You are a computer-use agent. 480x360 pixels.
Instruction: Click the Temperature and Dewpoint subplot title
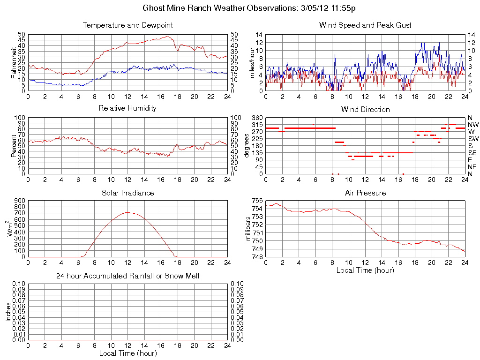coord(127,25)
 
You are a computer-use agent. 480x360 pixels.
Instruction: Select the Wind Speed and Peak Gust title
coord(365,25)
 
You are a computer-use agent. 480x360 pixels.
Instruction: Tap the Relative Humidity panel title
coord(127,108)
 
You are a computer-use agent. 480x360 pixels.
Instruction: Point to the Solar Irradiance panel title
coord(127,193)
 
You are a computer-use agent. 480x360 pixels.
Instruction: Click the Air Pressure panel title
coord(365,193)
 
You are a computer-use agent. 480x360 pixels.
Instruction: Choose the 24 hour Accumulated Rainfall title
coord(127,276)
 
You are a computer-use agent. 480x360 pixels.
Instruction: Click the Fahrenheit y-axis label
coord(14,62)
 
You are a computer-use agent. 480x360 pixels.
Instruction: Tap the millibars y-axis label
coord(249,229)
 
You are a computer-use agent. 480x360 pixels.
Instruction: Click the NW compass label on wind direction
coord(472,125)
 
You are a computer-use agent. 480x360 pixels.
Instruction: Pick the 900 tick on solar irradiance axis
coord(19,201)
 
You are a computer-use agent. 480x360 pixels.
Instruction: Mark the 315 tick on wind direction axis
coord(256,125)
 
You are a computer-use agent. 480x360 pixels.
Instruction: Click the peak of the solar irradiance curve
coord(127,212)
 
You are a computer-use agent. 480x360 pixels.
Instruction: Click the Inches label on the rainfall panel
coord(8,312)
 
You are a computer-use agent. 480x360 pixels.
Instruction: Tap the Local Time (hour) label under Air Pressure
coord(365,270)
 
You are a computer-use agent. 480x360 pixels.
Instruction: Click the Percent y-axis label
coord(14,145)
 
